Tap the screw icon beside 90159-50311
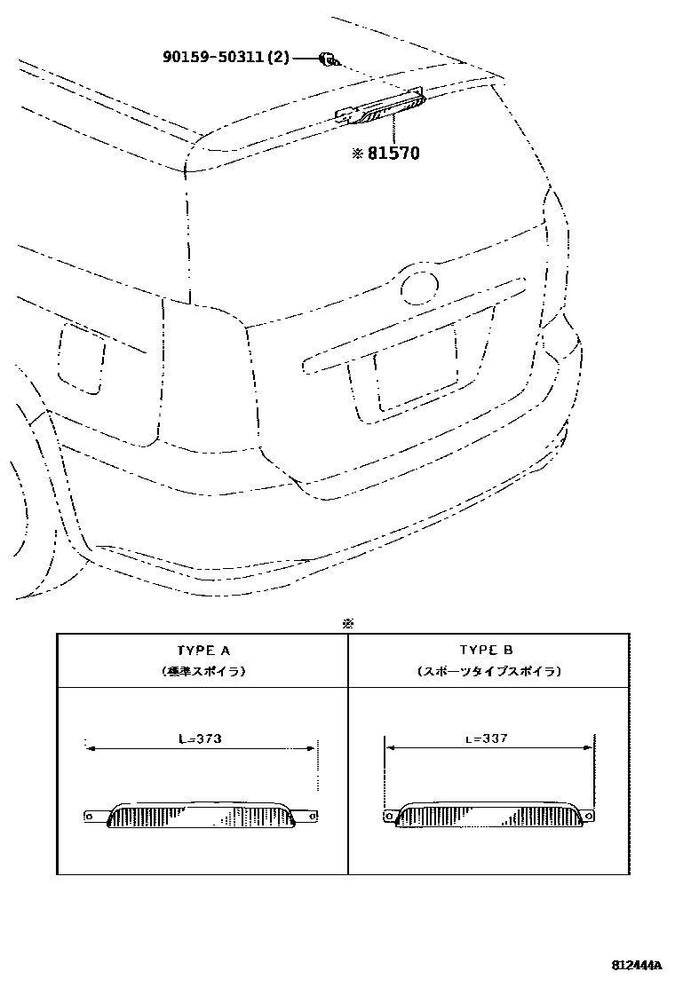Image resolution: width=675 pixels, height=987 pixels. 328,59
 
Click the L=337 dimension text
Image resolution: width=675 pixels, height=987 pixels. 486,738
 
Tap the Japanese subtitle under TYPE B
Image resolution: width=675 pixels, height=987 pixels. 488,672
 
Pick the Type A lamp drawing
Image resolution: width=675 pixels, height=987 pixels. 202,814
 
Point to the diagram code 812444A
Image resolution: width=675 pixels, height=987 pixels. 636,964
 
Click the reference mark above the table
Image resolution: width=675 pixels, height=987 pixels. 348,623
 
